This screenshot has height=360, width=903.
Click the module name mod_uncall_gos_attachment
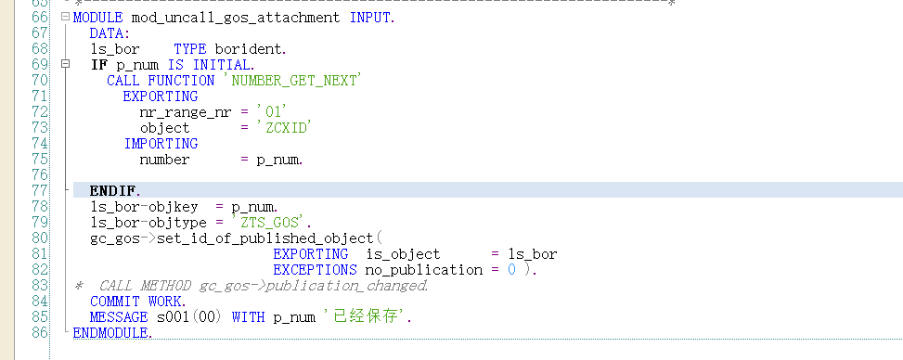(x=234, y=18)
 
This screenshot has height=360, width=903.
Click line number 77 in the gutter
(x=39, y=190)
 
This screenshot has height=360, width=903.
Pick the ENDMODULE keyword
(x=112, y=332)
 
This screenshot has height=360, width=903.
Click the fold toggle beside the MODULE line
(x=63, y=18)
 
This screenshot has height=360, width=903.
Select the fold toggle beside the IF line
(x=63, y=65)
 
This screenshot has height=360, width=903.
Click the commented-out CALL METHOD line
(x=264, y=286)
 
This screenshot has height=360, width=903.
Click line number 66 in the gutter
(x=39, y=18)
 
